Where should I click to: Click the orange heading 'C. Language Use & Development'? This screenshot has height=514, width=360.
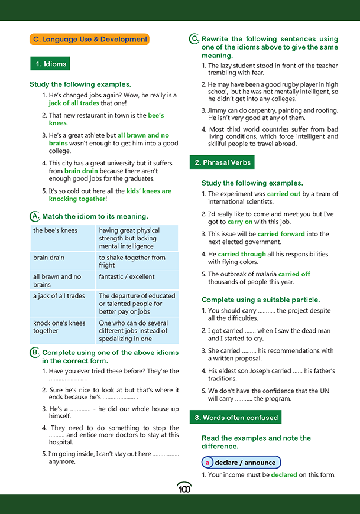coord(90,40)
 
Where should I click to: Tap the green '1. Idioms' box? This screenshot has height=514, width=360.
coord(51,64)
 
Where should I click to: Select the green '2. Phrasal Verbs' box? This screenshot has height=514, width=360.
coord(222,162)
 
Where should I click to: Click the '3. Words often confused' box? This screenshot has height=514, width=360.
coord(236,418)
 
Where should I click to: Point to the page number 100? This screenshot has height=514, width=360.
coord(184,489)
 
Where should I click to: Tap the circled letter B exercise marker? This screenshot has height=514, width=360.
coord(34,353)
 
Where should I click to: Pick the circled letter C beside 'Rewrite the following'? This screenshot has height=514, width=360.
coord(194,39)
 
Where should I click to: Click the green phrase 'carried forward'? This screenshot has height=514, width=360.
coord(281,234)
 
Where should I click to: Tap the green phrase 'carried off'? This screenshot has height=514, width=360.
coord(294,274)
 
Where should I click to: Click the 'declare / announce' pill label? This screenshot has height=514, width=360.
coord(241,463)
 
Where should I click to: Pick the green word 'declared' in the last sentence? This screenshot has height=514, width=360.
coord(284,475)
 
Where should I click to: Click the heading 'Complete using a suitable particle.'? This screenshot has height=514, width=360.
coord(261,300)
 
